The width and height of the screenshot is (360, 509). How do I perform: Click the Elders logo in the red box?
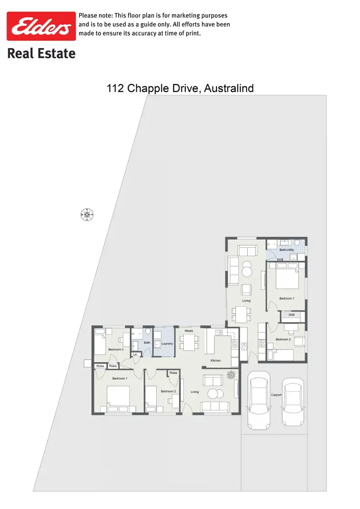coord(41,27)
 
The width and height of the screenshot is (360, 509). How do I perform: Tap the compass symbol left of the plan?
coord(86,215)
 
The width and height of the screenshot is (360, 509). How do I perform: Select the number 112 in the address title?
coord(115,88)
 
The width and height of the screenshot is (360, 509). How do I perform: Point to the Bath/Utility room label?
coord(287,250)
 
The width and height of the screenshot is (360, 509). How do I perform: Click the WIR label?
coord(291,315)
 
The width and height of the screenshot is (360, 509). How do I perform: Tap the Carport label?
coord(276,395)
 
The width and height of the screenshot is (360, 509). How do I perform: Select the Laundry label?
coord(167,343)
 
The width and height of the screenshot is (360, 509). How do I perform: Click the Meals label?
coord(189,331)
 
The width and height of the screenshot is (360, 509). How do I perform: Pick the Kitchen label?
coord(215,360)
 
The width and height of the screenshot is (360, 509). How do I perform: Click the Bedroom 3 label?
coord(116,349)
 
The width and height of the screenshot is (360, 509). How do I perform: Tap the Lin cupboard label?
coord(135,354)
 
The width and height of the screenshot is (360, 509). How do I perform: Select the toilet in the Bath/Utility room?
coord(298,243)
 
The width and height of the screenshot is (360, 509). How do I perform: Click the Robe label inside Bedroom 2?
coord(173,373)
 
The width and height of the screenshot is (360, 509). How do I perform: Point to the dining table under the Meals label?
coord(189,342)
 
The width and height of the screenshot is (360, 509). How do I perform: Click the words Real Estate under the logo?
coord(41,53)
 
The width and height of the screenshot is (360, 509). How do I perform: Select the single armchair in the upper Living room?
coord(246,289)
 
